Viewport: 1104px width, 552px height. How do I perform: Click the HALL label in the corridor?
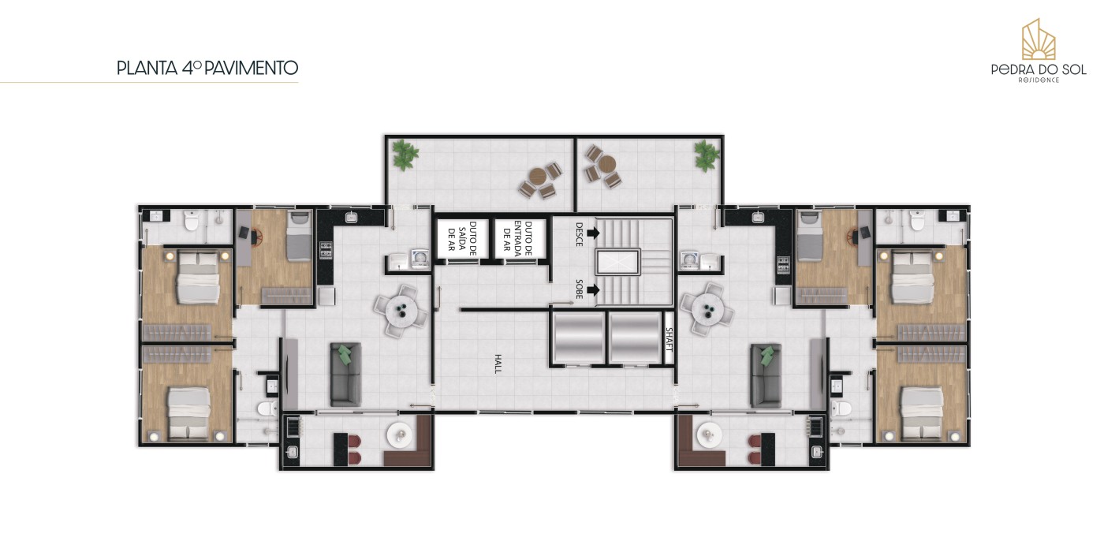pyautogui.click(x=498, y=364)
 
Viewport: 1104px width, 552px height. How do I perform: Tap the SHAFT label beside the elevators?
pyautogui.click(x=669, y=340)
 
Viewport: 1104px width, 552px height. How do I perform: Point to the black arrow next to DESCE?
pyautogui.click(x=593, y=233)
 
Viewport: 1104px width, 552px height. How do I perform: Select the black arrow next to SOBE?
pyautogui.click(x=593, y=290)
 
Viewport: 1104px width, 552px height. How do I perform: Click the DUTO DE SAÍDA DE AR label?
pyautogui.click(x=462, y=238)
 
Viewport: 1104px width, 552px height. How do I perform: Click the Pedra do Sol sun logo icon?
pyautogui.click(x=1039, y=39)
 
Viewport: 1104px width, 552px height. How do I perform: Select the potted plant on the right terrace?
pyautogui.click(x=707, y=155)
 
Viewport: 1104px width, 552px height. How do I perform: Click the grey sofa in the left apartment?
pyautogui.click(x=345, y=375)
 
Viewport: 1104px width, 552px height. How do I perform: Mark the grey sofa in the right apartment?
pyautogui.click(x=766, y=375)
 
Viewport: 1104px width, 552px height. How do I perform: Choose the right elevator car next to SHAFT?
pyautogui.click(x=635, y=338)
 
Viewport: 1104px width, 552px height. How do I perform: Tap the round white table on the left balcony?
pyautogui.click(x=400, y=435)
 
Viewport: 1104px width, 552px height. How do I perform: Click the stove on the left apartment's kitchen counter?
pyautogui.click(x=326, y=251)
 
